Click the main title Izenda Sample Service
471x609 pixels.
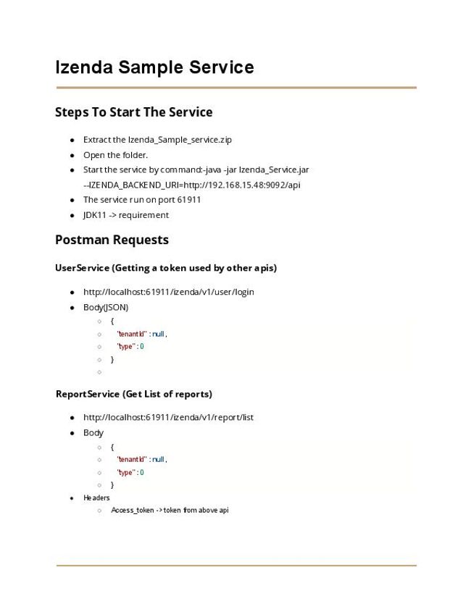coord(154,67)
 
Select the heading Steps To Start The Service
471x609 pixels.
coord(133,112)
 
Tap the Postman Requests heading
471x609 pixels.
coord(112,240)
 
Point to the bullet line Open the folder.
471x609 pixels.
coord(115,155)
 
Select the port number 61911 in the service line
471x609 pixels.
coord(189,200)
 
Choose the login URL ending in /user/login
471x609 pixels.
coord(168,292)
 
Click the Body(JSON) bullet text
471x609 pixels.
coord(106,307)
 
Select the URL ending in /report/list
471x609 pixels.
coord(168,417)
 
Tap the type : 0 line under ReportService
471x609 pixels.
coord(130,472)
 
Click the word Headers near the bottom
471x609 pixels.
coord(96,498)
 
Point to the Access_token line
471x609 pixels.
coord(170,511)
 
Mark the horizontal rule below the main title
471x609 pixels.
coord(236,88)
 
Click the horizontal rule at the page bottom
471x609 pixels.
coord(236,565)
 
